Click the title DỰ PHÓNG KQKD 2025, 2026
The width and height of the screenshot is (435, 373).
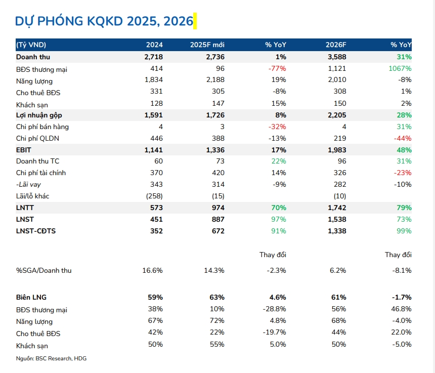[104, 21]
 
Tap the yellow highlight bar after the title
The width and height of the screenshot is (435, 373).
[195, 21]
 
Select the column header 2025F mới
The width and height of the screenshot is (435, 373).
[207, 45]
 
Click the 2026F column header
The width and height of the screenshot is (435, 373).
[336, 45]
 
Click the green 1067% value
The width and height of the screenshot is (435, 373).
[401, 68]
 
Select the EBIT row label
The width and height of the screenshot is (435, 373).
[24, 150]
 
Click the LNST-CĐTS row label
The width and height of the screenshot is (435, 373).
[35, 231]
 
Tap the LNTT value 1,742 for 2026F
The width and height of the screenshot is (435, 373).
[337, 208]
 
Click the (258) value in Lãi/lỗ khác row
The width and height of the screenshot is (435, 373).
[154, 196]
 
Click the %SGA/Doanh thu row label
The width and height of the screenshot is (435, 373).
[43, 270]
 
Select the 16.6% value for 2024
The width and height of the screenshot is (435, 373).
[152, 270]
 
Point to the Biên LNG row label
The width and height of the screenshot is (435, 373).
[31, 297]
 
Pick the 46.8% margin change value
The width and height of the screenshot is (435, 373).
[401, 309]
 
